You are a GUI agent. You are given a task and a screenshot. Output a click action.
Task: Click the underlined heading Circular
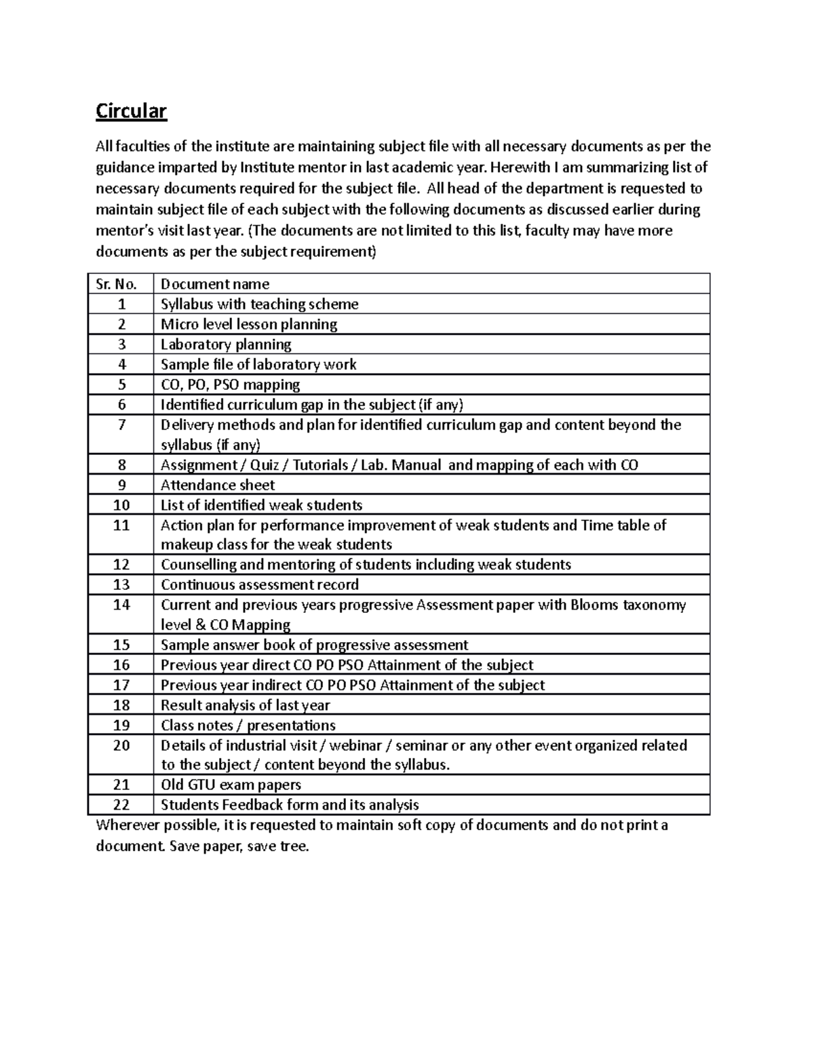131,111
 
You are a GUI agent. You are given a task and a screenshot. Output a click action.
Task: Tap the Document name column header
214,284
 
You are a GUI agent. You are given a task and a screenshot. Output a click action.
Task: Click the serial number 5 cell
121,384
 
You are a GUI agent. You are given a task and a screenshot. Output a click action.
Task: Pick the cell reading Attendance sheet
217,485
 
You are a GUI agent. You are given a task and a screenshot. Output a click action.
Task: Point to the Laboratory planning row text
226,344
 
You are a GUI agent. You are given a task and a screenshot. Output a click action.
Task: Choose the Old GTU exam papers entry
231,784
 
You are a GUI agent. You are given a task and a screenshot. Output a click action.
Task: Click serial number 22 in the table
121,805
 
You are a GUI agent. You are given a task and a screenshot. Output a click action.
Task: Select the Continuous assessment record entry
259,584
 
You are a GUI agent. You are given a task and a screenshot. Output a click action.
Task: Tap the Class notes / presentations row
248,725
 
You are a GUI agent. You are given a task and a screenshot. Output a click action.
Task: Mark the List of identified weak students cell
261,505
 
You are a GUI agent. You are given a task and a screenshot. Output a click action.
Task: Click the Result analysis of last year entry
245,705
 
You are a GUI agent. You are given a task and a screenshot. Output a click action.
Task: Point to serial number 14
121,605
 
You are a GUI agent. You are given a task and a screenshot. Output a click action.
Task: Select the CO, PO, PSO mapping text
230,384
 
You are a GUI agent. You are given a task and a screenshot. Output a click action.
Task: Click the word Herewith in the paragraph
517,167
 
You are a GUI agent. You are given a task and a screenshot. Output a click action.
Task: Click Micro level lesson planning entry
248,324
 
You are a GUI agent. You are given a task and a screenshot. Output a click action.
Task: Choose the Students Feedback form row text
290,805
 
